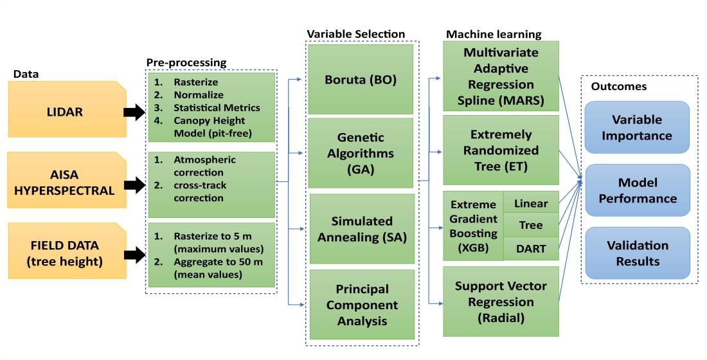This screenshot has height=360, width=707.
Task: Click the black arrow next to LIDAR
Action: coord(134,113)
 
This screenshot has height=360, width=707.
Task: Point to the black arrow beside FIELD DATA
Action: coord(134,255)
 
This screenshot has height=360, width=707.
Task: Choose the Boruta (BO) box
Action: coord(360,80)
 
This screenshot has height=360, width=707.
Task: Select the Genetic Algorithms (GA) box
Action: coord(360,153)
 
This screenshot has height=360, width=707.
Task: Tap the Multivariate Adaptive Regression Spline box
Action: coord(501,76)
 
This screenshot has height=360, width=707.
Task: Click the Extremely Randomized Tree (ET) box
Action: coord(501,150)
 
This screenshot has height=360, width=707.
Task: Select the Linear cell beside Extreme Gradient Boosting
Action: coord(531,204)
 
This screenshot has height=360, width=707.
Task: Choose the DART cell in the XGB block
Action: coord(531,248)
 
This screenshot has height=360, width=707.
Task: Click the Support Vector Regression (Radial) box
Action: coord(501,301)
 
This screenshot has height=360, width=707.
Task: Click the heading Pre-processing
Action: coord(186,63)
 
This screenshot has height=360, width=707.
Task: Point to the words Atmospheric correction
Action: coord(204,166)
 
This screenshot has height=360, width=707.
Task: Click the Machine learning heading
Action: coord(494,34)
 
